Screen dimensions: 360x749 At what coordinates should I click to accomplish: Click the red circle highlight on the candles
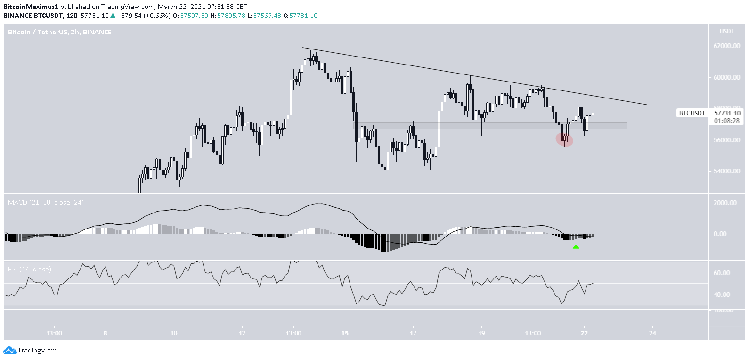(x=564, y=139)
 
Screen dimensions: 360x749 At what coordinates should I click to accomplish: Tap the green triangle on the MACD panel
(x=576, y=247)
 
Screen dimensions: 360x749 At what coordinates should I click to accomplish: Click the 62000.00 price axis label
(x=727, y=46)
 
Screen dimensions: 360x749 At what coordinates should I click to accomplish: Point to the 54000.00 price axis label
(x=727, y=171)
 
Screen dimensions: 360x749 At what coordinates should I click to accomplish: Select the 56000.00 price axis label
(x=727, y=140)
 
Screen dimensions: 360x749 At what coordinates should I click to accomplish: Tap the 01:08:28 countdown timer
(x=727, y=121)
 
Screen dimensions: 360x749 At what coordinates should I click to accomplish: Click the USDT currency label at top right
(x=726, y=32)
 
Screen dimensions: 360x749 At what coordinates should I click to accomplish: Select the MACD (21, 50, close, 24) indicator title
(x=46, y=202)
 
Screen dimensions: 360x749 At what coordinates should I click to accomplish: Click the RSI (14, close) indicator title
(x=30, y=269)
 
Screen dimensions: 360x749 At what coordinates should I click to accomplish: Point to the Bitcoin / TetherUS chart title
(x=60, y=32)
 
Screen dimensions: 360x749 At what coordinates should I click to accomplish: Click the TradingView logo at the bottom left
(x=30, y=350)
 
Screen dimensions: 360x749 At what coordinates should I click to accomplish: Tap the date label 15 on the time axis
(x=345, y=333)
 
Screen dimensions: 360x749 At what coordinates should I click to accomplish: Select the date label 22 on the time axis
(x=584, y=333)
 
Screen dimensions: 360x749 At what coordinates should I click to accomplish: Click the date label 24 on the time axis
(x=652, y=333)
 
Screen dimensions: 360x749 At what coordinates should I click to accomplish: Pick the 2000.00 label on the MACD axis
(x=725, y=203)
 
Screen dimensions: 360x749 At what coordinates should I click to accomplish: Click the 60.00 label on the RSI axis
(x=722, y=273)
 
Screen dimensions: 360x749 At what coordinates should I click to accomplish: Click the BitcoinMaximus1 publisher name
(x=31, y=7)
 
